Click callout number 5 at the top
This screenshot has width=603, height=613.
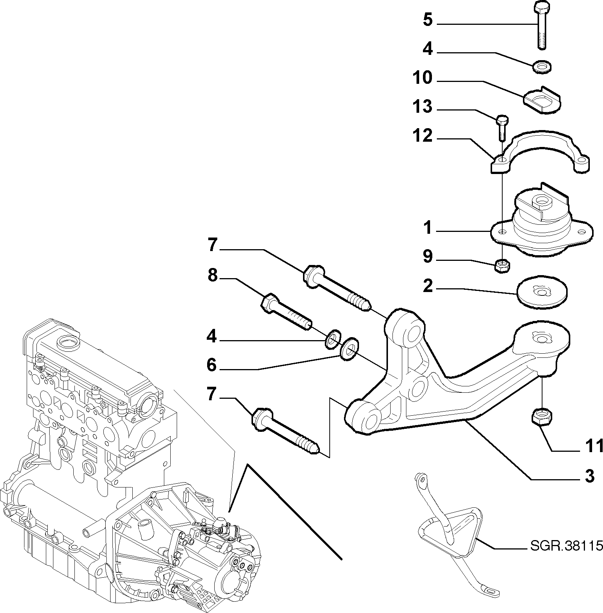(x=427, y=20)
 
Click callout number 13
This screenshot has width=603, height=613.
(x=422, y=107)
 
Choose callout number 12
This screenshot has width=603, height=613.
(x=422, y=136)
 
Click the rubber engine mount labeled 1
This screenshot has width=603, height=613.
(x=542, y=224)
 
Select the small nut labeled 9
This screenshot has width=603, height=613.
(x=502, y=266)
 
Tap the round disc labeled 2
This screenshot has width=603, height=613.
(x=542, y=294)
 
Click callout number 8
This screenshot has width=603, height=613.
(x=212, y=276)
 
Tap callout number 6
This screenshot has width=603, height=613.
(x=212, y=365)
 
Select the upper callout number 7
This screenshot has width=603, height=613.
(x=212, y=245)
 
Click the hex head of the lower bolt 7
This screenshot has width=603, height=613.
(x=261, y=418)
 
